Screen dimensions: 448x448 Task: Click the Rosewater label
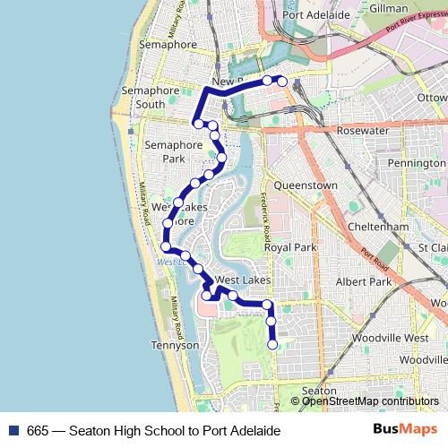tap(362, 130)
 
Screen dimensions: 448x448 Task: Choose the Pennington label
tap(416, 163)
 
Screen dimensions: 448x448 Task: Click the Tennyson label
tap(175, 345)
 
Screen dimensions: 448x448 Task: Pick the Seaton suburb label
tap(319, 391)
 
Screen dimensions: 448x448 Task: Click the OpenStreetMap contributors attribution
tap(370, 401)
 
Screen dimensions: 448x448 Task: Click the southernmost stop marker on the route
tap(272, 344)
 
